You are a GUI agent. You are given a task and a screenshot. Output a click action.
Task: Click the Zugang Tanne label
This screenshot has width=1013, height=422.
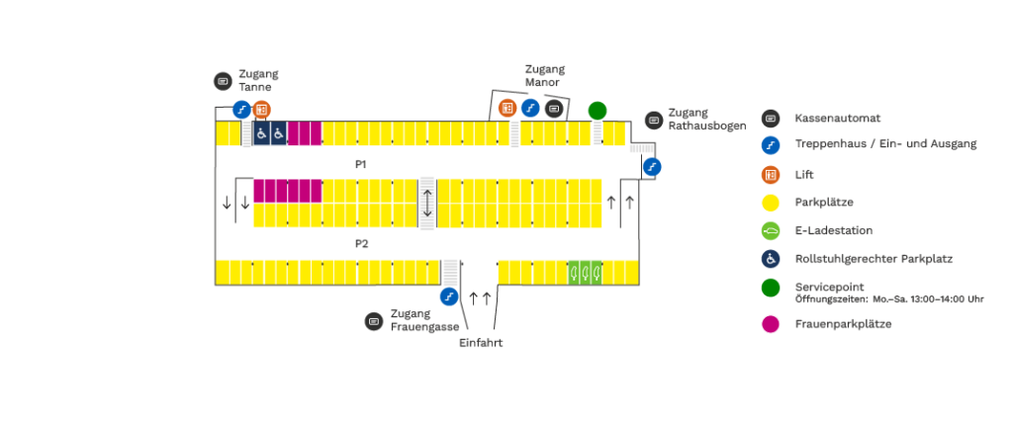click(x=258, y=80)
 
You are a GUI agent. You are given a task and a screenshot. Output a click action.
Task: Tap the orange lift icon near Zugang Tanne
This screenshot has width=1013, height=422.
click(x=261, y=109)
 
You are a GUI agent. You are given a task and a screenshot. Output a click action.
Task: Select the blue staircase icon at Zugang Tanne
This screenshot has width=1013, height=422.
click(x=241, y=109)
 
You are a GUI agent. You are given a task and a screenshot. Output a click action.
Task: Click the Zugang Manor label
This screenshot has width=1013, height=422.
click(x=544, y=76)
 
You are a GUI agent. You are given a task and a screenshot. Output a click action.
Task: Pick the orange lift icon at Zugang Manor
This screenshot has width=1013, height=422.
click(x=507, y=108)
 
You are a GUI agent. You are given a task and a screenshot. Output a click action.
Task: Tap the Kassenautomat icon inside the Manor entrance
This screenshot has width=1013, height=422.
click(x=554, y=108)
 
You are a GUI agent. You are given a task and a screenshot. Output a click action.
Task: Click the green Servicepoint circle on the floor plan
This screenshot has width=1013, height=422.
click(x=598, y=110)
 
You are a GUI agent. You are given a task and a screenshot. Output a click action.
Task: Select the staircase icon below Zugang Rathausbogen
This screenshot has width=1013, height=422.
click(x=651, y=167)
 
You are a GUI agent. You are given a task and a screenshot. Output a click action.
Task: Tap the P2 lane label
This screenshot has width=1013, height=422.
click(x=362, y=243)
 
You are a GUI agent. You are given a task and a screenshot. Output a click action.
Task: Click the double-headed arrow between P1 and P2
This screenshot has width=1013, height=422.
click(x=427, y=203)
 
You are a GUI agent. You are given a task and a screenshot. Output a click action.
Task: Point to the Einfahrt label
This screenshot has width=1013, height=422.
click(x=482, y=343)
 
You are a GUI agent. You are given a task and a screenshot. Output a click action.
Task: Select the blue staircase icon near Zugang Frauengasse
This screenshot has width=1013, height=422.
click(x=449, y=295)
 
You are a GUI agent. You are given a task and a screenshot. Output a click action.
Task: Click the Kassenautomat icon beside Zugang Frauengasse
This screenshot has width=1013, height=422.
click(x=373, y=321)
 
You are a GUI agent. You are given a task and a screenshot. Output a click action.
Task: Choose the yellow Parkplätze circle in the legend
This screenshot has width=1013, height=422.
click(x=771, y=203)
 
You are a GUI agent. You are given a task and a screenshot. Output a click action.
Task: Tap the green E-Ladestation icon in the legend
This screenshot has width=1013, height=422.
click(x=771, y=231)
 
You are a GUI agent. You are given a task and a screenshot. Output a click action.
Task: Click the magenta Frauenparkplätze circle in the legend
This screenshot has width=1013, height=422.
click(x=771, y=323)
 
